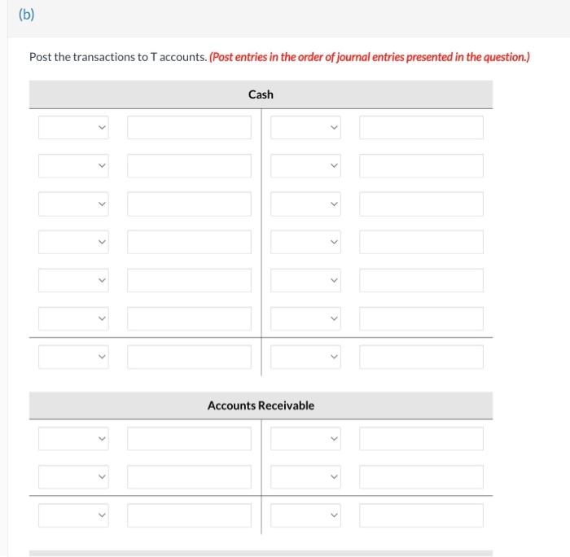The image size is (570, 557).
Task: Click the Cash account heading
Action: coord(261,94)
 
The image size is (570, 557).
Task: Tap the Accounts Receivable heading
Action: coord(261,406)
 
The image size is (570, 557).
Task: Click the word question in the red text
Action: coord(502,57)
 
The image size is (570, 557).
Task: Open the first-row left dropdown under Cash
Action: coord(73,127)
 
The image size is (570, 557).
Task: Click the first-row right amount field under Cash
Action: coord(421,127)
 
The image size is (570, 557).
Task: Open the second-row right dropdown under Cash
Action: coord(305,165)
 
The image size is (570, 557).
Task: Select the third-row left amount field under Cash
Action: coord(189,204)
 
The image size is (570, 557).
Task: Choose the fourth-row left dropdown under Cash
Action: coord(73,242)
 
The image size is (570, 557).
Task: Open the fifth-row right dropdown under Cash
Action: coord(305,280)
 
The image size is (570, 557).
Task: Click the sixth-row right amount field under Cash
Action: coord(421,318)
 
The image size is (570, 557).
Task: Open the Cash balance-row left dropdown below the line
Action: coord(73,357)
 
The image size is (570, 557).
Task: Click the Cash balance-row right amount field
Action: coord(421,357)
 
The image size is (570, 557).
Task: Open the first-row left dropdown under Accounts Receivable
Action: coord(73,439)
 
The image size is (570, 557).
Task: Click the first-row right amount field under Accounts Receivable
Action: coord(421,439)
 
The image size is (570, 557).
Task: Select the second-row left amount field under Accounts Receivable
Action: coord(189,477)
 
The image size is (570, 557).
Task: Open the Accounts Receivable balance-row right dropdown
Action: coord(305,515)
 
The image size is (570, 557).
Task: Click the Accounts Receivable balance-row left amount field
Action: coord(189,515)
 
